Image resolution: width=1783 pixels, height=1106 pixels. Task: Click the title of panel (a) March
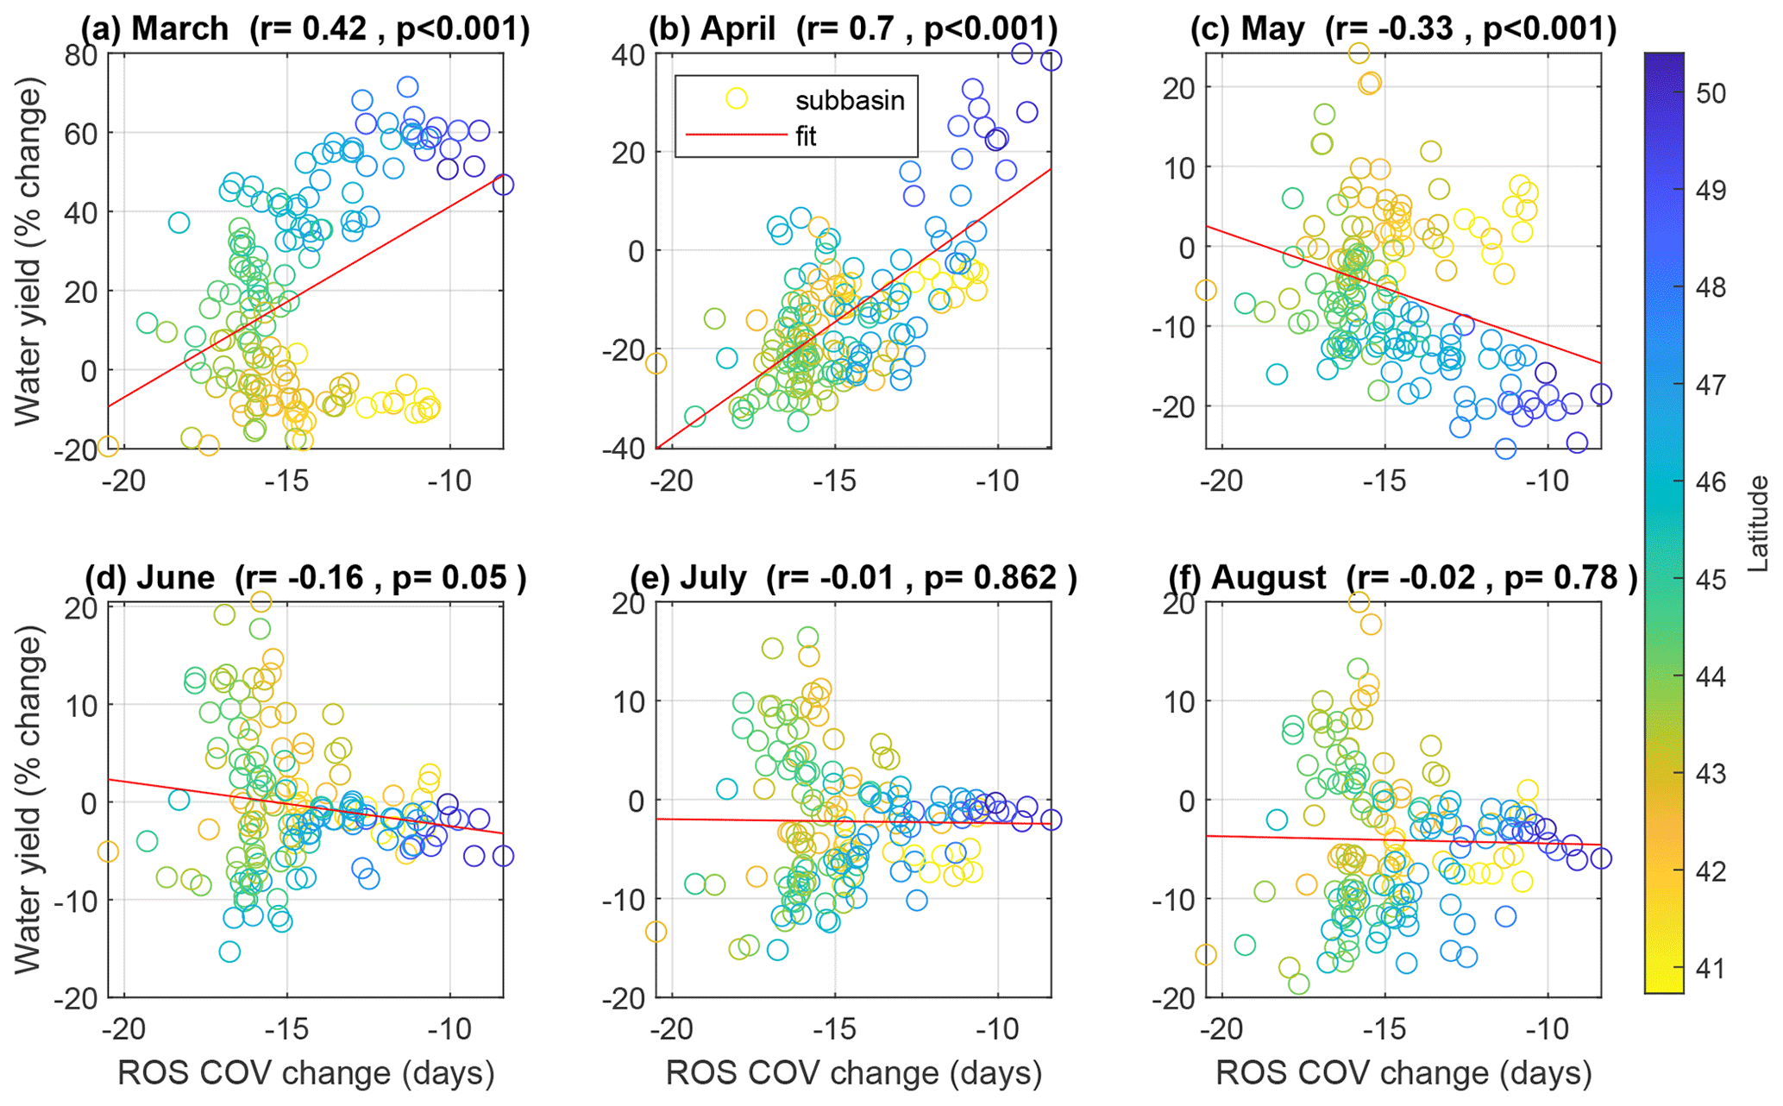(x=304, y=28)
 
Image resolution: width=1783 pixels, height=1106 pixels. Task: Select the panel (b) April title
(x=852, y=28)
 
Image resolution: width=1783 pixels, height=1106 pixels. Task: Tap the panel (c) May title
(x=1403, y=28)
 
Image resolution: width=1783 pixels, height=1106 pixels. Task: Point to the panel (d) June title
(x=304, y=577)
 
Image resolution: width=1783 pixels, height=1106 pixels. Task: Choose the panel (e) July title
(x=852, y=577)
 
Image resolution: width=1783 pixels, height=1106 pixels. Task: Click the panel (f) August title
(x=1403, y=577)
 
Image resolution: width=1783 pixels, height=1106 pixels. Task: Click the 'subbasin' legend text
(x=849, y=100)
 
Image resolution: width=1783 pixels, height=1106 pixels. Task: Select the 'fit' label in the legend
(x=806, y=136)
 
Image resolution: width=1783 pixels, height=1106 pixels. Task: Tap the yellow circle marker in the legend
(x=736, y=98)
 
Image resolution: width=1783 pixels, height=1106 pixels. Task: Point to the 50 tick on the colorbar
(x=1711, y=92)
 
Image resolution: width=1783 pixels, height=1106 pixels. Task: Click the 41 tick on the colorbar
(x=1711, y=969)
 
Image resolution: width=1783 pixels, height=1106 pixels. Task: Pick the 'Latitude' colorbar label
(x=1757, y=524)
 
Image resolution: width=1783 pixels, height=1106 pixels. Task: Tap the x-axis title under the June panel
(x=305, y=1073)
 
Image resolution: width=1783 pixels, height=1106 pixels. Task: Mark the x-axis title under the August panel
(x=1403, y=1073)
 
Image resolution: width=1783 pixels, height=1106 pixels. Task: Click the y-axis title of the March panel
(x=28, y=252)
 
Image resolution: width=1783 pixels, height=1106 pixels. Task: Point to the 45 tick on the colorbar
(x=1711, y=579)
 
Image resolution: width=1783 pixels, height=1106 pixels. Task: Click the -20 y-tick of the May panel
(x=1177, y=406)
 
